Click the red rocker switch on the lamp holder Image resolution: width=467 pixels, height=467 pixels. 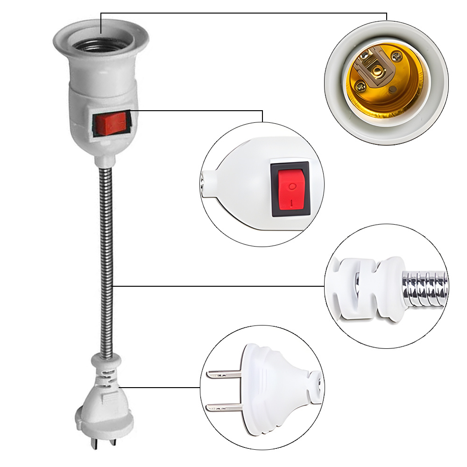pyautogui.click(x=111, y=123)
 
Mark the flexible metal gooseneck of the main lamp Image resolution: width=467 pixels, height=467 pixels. pyautogui.click(x=106, y=257)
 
